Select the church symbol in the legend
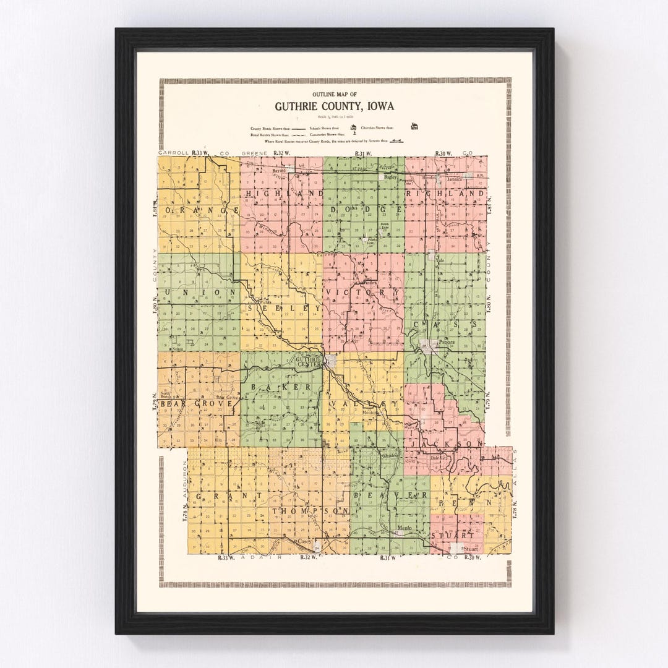click(414, 127)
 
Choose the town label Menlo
click(405, 528)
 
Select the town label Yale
click(440, 260)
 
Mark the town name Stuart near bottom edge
click(471, 549)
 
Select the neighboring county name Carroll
click(173, 152)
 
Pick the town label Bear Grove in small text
click(226, 397)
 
